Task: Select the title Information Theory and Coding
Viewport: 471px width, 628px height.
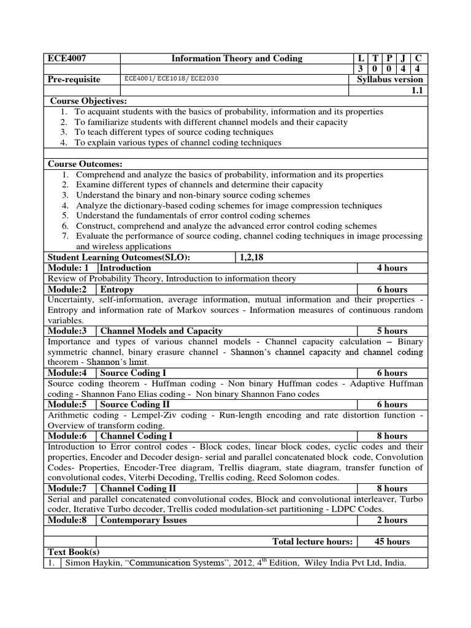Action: pyautogui.click(x=237, y=58)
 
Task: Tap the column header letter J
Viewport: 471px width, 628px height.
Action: pyautogui.click(x=404, y=58)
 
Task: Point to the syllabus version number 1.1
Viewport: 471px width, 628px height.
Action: pyautogui.click(x=417, y=90)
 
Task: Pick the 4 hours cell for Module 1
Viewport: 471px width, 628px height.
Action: pyautogui.click(x=392, y=268)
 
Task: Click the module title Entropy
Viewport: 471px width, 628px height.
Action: pyautogui.click(x=117, y=289)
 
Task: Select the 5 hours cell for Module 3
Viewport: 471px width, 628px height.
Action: pyautogui.click(x=392, y=331)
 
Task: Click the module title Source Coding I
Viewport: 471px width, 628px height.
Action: pyautogui.click(x=133, y=372)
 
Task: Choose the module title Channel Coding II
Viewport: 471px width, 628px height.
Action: pyautogui.click(x=138, y=488)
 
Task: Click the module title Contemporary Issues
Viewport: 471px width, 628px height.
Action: pyautogui.click(x=144, y=519)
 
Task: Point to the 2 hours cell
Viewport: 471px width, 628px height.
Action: pyautogui.click(x=392, y=519)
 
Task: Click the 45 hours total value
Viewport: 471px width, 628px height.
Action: pyautogui.click(x=392, y=541)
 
